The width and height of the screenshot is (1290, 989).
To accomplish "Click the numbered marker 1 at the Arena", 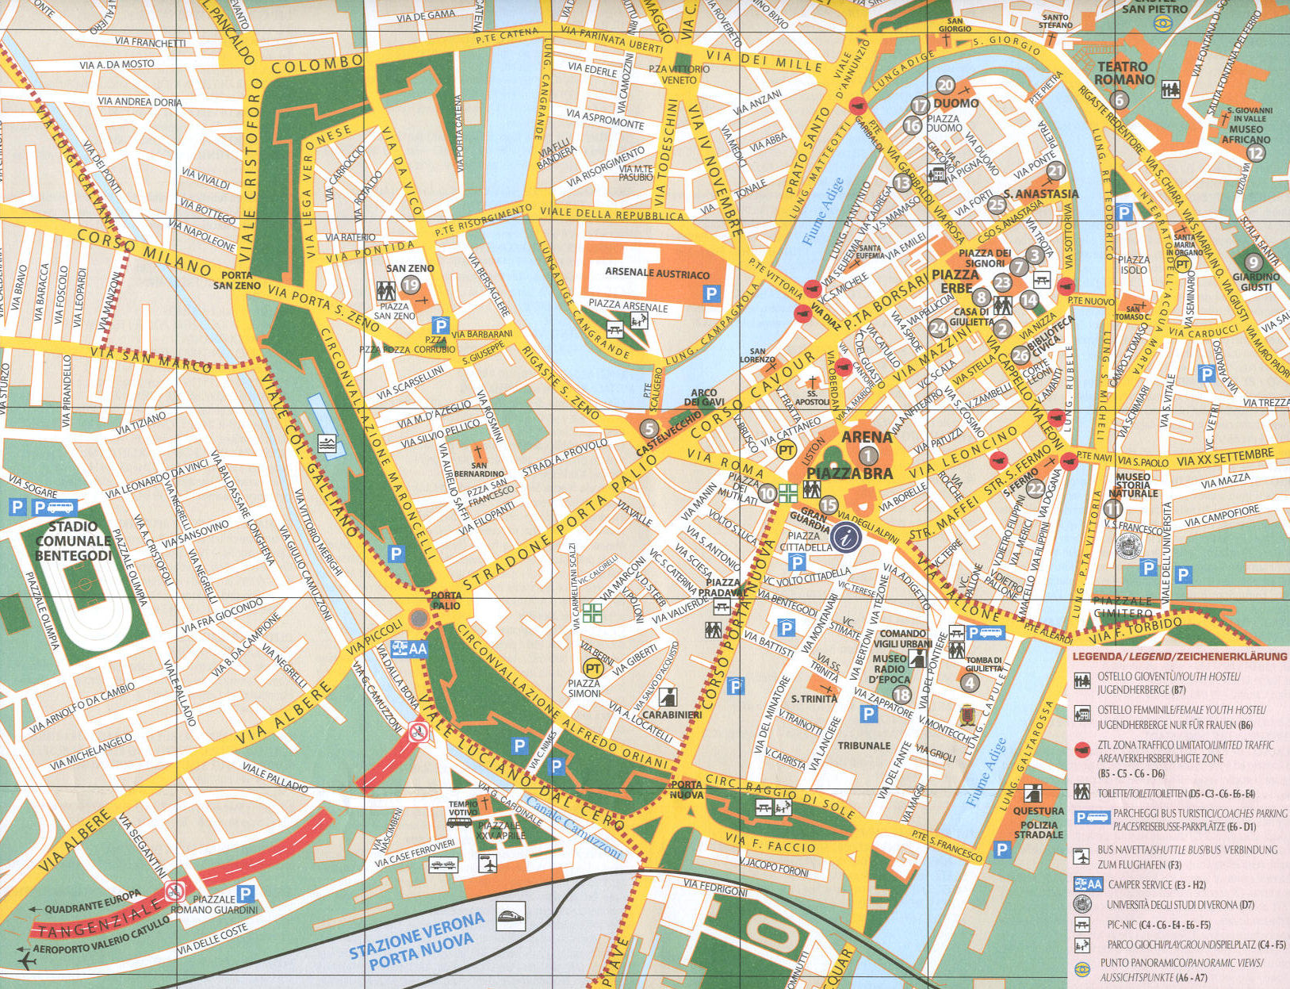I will click(x=868, y=455).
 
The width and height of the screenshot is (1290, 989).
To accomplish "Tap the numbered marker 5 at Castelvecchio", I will click(x=649, y=429).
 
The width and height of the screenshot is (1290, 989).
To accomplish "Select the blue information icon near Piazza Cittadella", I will click(x=846, y=537).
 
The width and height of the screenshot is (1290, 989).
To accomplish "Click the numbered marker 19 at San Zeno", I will click(x=411, y=286).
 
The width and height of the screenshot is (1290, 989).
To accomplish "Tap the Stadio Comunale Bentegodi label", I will click(x=73, y=541).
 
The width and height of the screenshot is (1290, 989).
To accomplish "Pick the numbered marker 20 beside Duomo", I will click(x=945, y=86).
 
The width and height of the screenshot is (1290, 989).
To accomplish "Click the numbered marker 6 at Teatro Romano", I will click(x=1120, y=100).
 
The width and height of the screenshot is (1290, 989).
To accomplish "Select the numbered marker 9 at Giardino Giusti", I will click(x=1253, y=262).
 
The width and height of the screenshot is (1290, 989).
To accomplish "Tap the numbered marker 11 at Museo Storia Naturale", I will click(x=1113, y=508).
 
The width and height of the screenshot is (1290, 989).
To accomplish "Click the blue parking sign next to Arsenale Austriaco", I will click(x=711, y=294).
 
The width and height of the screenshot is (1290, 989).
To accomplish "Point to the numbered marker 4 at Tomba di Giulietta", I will click(x=970, y=682).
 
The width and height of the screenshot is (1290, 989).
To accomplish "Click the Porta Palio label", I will click(x=446, y=600).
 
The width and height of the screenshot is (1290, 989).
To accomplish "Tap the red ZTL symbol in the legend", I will click(x=1081, y=749).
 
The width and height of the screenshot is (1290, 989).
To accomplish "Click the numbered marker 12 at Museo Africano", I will click(x=1256, y=153).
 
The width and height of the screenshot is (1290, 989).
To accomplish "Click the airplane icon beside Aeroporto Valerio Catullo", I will click(x=26, y=961).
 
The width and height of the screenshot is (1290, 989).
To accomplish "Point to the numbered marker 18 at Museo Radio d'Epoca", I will click(x=901, y=696).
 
